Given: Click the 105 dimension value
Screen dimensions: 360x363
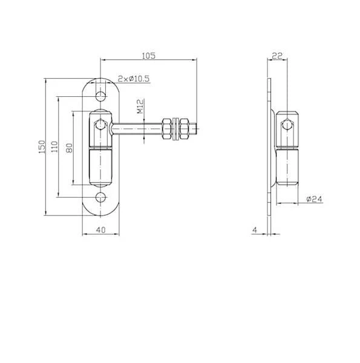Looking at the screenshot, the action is pos(149,56).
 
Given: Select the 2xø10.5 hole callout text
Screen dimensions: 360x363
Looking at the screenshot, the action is pos(134,79).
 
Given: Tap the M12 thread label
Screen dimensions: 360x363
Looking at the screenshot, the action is pos(140,106).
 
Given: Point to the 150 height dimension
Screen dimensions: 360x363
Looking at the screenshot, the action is pos(42,146).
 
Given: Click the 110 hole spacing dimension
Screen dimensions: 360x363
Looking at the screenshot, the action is pos(54,146).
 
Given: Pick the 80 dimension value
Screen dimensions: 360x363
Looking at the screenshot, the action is pos(69,148).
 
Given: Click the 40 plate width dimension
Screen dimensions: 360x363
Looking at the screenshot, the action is pos(100,230).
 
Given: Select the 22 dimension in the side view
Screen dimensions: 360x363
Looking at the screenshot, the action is pos(277,56).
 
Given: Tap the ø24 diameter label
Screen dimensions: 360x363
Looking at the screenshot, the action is pos(314,199).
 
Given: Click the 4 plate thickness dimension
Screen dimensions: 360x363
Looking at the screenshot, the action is pos(255,230).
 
